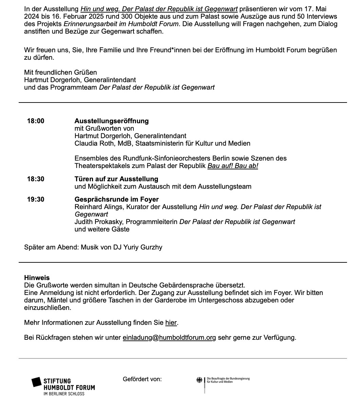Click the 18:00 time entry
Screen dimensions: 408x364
pyautogui.click(x=36, y=121)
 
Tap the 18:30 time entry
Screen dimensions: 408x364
pyautogui.click(x=36, y=179)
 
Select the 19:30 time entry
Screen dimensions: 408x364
pyautogui.click(x=36, y=199)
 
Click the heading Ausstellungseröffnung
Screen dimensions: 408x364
pyautogui.click(x=111, y=121)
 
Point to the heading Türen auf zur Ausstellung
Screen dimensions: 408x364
pyautogui.click(x=116, y=179)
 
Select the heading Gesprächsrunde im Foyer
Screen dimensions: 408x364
pyautogui.click(x=116, y=199)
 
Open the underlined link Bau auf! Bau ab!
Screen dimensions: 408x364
pyautogui.click(x=233, y=166)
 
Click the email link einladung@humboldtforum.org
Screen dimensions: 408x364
pyautogui.click(x=169, y=337)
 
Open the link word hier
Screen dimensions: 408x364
pyautogui.click(x=171, y=322)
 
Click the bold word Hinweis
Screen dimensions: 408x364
pyautogui.click(x=37, y=278)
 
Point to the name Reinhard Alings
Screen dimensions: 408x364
pyautogui.click(x=96, y=207)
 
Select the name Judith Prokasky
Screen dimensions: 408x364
pyautogui.click(x=95, y=222)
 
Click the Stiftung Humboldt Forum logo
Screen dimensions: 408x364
pyautogui.click(x=63, y=386)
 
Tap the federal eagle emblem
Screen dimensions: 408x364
pyautogui.click(x=199, y=380)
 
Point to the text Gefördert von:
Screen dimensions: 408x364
pyautogui.click(x=142, y=379)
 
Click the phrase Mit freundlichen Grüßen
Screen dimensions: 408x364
pyautogui.click(x=60, y=72)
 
